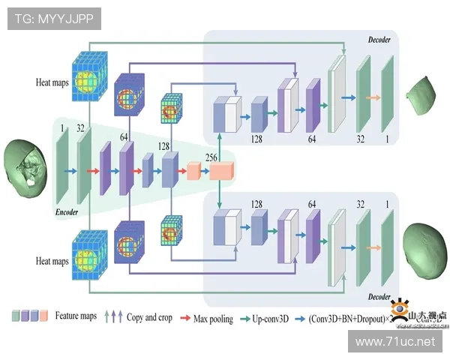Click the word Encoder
tap(67, 212)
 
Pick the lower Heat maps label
tap(52, 261)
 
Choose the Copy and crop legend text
tap(149, 317)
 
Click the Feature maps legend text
tap(77, 317)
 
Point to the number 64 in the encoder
tap(124, 136)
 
